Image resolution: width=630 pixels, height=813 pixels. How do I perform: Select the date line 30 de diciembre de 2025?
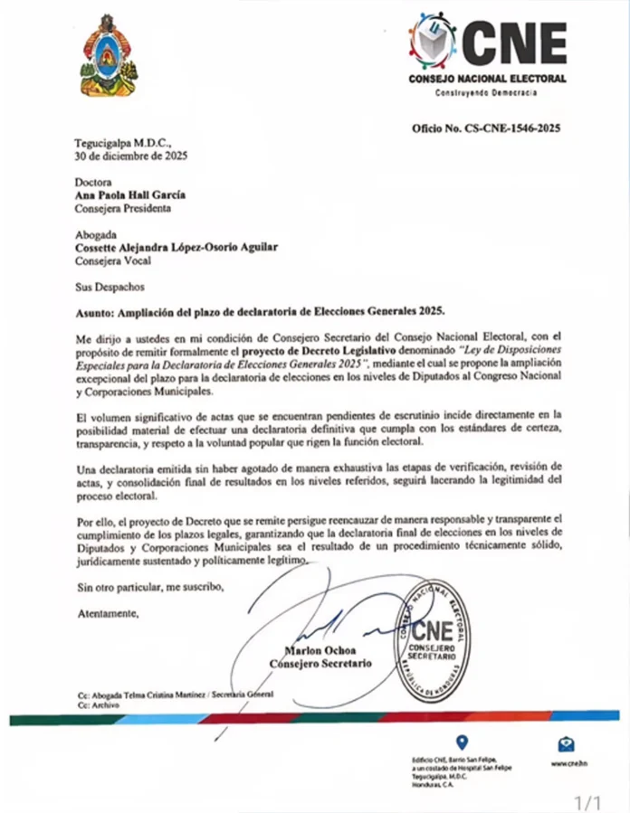tap(131, 155)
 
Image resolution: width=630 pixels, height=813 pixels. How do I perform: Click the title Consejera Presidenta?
tap(123, 208)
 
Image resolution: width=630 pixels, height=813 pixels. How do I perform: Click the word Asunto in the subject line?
tap(98, 310)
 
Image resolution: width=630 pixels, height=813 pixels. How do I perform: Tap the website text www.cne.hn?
tap(566, 763)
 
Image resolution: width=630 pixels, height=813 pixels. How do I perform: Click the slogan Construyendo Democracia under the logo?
tap(486, 93)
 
